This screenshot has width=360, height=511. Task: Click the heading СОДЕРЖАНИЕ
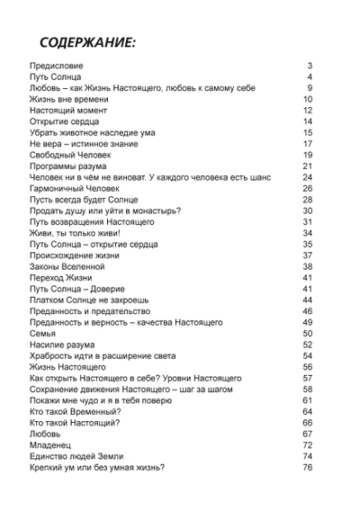click(x=87, y=43)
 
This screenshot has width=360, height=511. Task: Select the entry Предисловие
click(x=57, y=67)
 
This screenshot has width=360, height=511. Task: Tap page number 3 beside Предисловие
click(x=309, y=67)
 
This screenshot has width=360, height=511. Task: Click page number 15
click(x=307, y=132)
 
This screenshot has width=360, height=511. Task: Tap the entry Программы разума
click(x=70, y=166)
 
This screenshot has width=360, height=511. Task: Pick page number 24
click(x=307, y=177)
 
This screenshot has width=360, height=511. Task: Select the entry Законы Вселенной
click(x=68, y=266)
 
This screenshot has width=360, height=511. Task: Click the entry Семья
click(x=43, y=333)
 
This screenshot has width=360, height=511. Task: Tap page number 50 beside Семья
click(x=307, y=333)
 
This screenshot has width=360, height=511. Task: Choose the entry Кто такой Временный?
click(x=75, y=411)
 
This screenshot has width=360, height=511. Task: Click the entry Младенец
click(x=53, y=444)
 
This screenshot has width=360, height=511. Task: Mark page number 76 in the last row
click(x=307, y=467)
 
